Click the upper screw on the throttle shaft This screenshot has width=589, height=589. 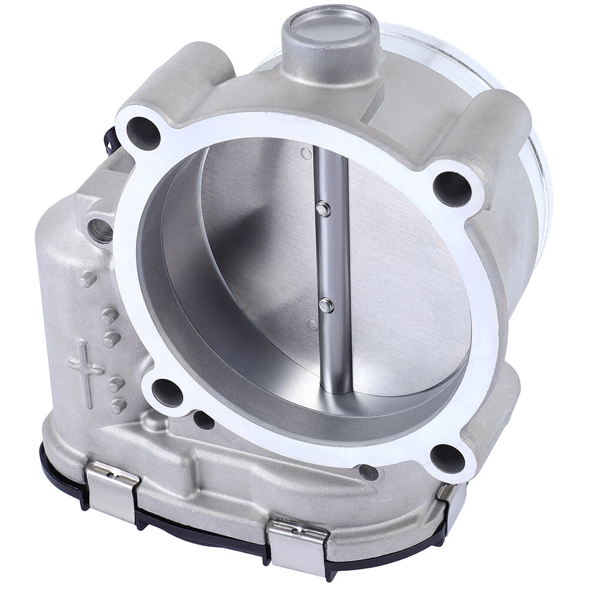pos(321,207)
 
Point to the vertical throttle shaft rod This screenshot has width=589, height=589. pos(332,264)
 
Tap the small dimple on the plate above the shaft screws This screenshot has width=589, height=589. pos(304,154)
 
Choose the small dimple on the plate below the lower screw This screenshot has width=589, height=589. pos(314,325)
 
